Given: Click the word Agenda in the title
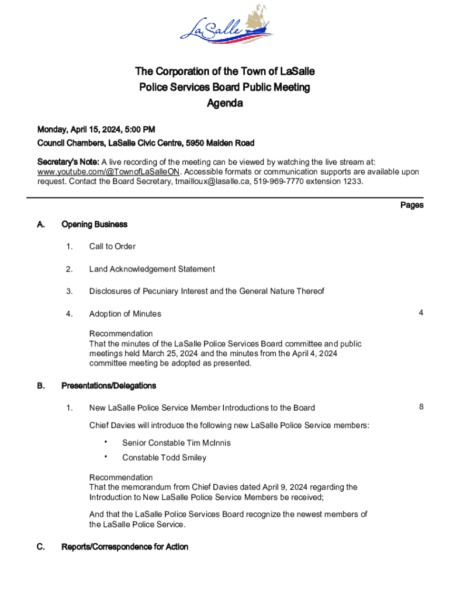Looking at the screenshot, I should pos(225,104).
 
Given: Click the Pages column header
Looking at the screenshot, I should pos(411,205).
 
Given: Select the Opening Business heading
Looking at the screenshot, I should pos(94,224).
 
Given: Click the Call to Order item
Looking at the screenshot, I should pos(112,246).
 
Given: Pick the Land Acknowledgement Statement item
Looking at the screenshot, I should pos(152,269).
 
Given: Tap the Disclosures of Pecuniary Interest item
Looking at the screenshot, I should pos(206,291).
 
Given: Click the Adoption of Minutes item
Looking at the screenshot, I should pos(125,314).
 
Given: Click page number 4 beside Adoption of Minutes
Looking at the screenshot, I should pos(421,313).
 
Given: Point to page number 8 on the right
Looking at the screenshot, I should pos(421,407).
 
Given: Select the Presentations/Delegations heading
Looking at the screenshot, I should pos(109,386).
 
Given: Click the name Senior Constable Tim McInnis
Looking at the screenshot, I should pos(176,443).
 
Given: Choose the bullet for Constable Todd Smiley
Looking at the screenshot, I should pos(106,457).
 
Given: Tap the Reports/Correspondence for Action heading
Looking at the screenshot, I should pos(124,547).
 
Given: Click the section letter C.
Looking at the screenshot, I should pos(40,547).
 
